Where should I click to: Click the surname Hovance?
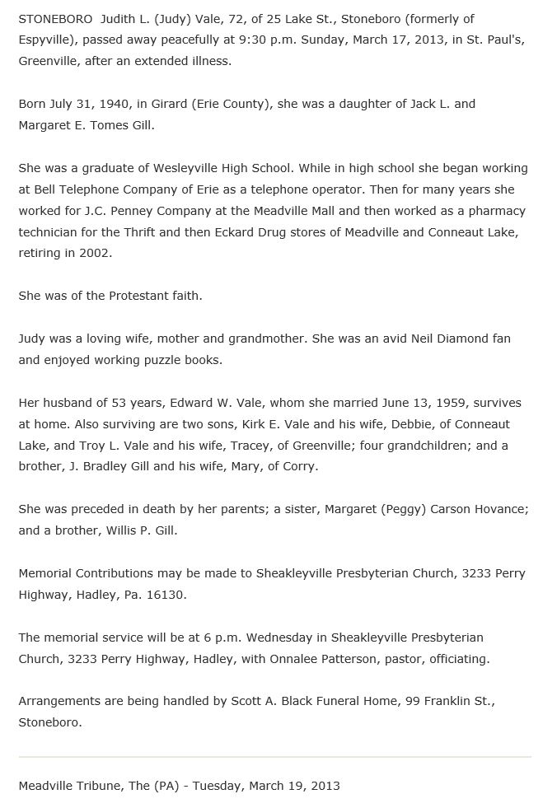click(x=497, y=509)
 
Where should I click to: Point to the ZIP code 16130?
click(x=167, y=595)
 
